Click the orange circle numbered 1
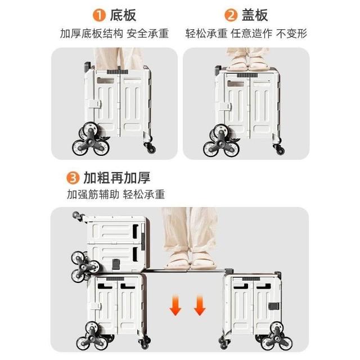[99, 15]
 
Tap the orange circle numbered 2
[231, 15]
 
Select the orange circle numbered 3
[73, 178]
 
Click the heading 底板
[123, 15]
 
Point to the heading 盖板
[255, 15]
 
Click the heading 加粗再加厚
[117, 178]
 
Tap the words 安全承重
[147, 34]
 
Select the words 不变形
[291, 34]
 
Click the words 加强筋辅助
[93, 195]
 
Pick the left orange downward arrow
[175, 305]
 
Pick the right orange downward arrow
[200, 305]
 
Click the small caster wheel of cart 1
[150, 147]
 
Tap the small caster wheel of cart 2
[279, 149]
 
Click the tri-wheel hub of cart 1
[91, 142]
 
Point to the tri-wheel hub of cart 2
[221, 143]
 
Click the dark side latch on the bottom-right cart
[274, 306]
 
